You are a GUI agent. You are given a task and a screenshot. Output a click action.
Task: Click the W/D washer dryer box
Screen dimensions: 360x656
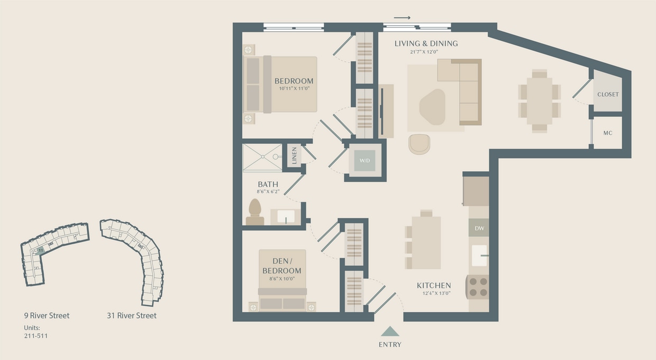tap(365, 160)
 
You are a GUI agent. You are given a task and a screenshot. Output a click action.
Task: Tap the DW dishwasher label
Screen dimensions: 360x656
tap(479, 228)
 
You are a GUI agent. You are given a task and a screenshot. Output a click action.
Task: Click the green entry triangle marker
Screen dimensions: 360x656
tap(390, 331)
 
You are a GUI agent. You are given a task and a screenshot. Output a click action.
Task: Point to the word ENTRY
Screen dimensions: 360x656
tap(390, 345)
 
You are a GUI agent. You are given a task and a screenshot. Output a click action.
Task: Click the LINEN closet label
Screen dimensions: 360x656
tap(294, 156)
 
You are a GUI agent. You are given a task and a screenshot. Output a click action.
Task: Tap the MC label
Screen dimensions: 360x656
tap(607, 133)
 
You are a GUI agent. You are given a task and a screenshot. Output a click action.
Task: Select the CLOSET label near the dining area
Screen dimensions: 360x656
tap(607, 95)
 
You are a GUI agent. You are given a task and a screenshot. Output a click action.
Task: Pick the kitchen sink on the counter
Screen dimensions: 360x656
tap(479, 255)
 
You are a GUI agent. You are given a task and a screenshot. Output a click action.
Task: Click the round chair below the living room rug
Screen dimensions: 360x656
tap(419, 144)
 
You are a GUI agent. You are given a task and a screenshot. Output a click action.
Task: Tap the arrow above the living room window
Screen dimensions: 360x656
tap(402, 18)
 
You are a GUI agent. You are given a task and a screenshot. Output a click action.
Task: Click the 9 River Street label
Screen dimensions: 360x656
tap(47, 316)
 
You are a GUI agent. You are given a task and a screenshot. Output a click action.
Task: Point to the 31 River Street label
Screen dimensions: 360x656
tap(131, 316)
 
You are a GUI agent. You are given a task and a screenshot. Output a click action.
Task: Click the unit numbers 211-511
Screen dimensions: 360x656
tap(36, 335)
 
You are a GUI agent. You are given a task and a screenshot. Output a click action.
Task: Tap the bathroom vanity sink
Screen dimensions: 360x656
tap(286, 217)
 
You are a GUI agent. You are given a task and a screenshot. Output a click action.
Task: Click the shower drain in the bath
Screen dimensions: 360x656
tap(276, 156)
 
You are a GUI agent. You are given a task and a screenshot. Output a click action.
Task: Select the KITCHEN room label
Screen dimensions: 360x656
tap(434, 285)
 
